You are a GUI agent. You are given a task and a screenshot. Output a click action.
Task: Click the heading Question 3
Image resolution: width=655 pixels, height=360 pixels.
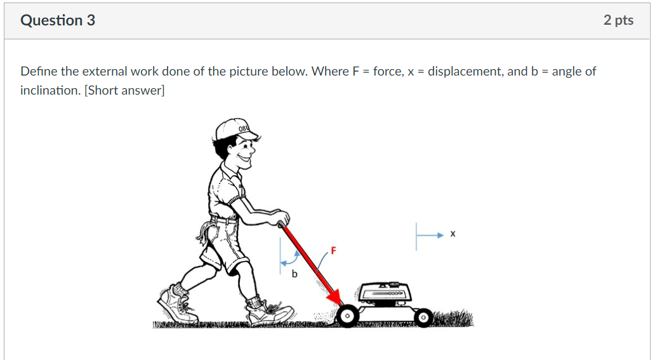58,20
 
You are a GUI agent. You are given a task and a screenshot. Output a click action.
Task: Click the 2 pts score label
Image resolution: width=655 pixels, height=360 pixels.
618,20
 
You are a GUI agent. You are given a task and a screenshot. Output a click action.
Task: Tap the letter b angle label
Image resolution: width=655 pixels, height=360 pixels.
294,274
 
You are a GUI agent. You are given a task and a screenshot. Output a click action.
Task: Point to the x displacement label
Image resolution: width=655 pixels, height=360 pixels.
453,234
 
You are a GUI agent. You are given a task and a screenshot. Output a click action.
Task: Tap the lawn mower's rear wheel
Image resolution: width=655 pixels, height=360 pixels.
347,316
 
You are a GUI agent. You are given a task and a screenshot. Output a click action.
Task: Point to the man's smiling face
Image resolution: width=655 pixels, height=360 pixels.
242,152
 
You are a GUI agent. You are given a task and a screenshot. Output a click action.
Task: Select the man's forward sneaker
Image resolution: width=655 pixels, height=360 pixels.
270,313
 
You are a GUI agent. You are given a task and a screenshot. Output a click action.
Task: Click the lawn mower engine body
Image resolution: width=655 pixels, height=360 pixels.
385,294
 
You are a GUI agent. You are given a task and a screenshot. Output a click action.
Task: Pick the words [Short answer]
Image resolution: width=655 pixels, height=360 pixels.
124,90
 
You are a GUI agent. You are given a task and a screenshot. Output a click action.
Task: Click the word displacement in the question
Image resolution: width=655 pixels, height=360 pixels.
465,71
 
